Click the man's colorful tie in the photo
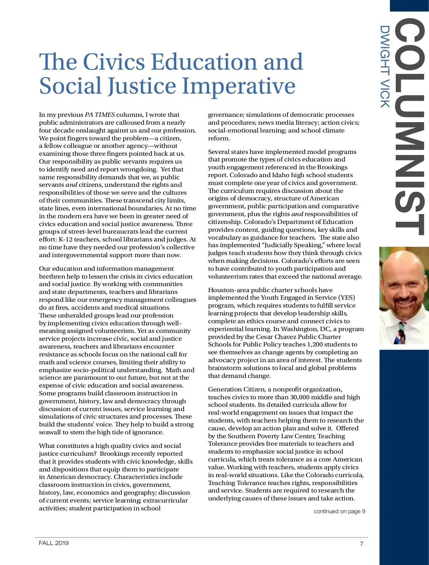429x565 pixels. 401,332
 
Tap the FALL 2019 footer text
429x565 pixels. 54,543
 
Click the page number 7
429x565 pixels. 361,544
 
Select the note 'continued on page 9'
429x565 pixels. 339,511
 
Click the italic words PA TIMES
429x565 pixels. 100,115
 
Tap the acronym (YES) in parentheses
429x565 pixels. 347,297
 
